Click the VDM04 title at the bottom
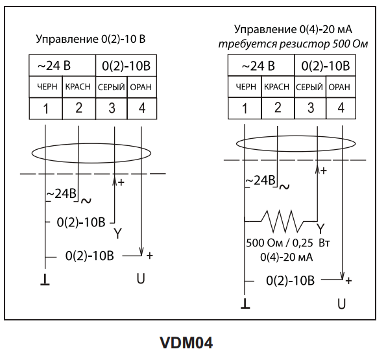click(186, 342)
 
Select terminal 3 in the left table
click(112, 108)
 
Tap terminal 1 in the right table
click(245, 108)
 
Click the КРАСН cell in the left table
click(78, 87)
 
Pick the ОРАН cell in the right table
click(341, 87)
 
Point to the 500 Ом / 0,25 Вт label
click(288, 243)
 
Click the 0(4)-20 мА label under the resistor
click(286, 258)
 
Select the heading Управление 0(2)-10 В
click(91, 39)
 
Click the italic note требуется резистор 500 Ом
click(293, 44)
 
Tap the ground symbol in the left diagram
click(45, 280)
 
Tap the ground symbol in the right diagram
click(245, 304)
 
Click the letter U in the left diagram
click(141, 279)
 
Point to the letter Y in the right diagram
click(320, 228)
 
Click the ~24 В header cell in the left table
click(62, 66)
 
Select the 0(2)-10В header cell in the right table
click(325, 66)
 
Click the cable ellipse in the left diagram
click(91, 143)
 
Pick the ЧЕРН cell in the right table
click(245, 87)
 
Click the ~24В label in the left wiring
click(62, 194)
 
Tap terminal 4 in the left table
click(142, 108)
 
